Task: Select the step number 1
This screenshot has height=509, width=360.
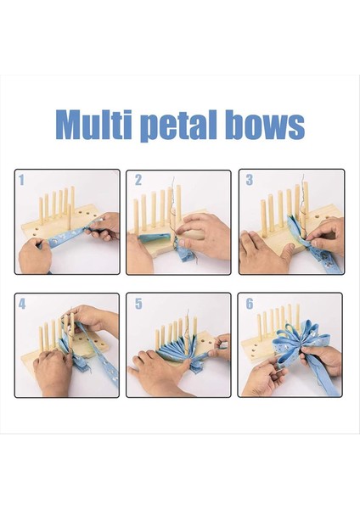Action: tap(22, 180)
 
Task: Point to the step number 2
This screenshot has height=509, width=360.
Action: tap(138, 180)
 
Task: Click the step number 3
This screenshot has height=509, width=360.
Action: tap(249, 180)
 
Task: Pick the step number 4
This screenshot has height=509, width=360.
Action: tap(22, 304)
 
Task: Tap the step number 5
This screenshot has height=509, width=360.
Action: tap(138, 304)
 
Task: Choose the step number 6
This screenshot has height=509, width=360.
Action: tap(249, 304)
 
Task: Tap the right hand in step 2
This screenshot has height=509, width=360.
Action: tap(204, 229)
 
